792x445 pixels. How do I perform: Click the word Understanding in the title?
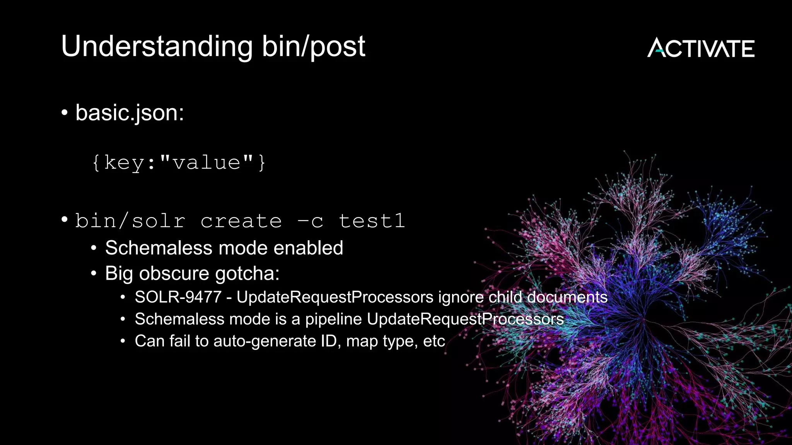(157, 47)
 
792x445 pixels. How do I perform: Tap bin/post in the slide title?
(313, 47)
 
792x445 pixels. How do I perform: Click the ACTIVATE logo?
(701, 48)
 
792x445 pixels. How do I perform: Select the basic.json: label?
(130, 113)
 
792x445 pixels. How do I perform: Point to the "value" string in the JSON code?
(207, 162)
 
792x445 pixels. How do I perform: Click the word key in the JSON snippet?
(124, 162)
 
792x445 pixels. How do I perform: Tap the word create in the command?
(241, 221)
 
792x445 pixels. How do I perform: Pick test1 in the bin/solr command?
(372, 221)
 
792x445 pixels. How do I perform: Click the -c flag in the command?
(310, 221)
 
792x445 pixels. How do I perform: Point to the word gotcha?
(247, 274)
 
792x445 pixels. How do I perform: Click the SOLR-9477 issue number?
(178, 297)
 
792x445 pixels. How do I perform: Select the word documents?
(567, 297)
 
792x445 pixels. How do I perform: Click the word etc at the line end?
(434, 341)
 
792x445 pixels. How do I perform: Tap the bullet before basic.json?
(65, 113)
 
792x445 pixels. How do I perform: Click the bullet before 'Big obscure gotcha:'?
(94, 274)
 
